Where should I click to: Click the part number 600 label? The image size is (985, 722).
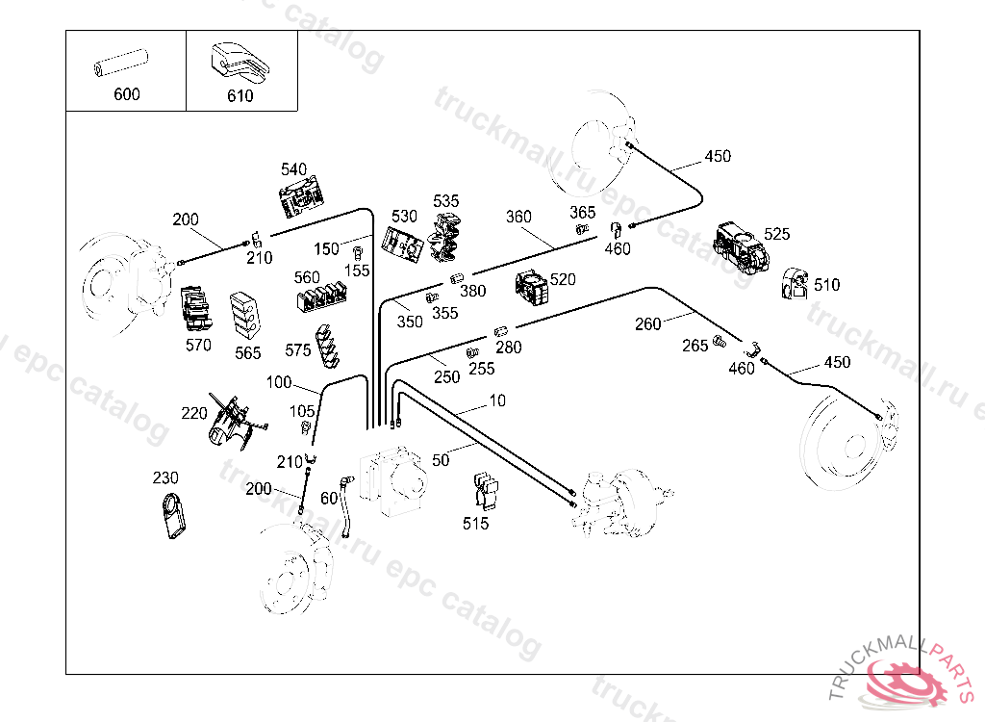[126, 94]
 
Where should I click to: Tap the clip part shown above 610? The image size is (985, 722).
[239, 63]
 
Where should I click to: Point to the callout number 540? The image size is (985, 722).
[293, 169]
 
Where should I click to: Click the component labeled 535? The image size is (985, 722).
[445, 237]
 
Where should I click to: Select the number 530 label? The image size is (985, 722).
[404, 217]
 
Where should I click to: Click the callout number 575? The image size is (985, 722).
[298, 350]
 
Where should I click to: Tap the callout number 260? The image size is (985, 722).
[647, 324]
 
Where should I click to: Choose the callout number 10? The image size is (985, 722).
[496, 400]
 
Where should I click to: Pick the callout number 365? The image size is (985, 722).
[582, 212]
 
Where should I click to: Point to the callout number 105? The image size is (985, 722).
[302, 412]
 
